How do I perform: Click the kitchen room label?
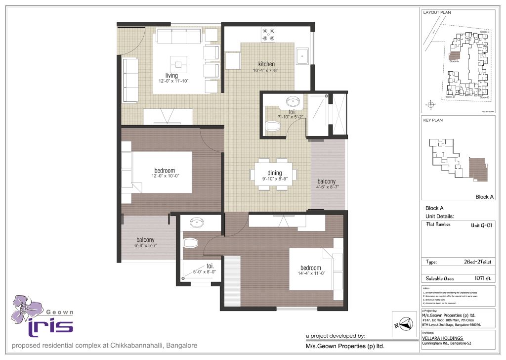(x=266, y=64)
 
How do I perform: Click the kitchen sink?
(x=302, y=56)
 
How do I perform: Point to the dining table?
(x=273, y=174)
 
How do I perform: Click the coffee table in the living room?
(x=178, y=63)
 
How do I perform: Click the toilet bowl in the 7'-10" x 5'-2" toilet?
(x=273, y=126)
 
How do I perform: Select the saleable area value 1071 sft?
(x=482, y=278)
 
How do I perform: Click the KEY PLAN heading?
(x=433, y=120)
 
